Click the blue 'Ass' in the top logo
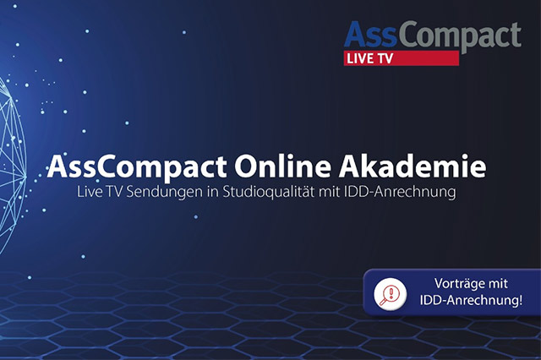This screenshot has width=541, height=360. pyautogui.click(x=370, y=35)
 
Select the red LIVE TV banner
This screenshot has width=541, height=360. pyautogui.click(x=402, y=58)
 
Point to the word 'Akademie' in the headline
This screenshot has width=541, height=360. pyautogui.click(x=413, y=166)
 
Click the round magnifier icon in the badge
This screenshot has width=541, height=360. pyautogui.click(x=391, y=294)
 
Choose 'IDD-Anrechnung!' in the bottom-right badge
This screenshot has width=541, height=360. pyautogui.click(x=471, y=300)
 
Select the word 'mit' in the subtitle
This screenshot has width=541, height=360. pyautogui.click(x=330, y=192)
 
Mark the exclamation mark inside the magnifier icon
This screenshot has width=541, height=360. pyautogui.click(x=391, y=292)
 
